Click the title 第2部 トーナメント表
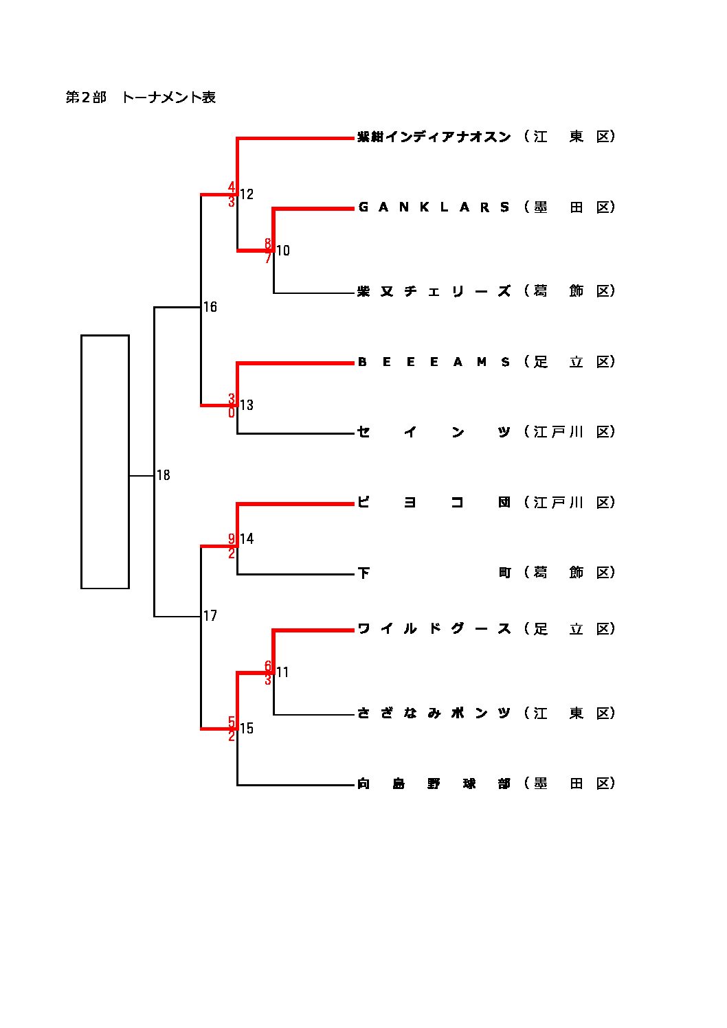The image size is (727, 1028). coord(141,98)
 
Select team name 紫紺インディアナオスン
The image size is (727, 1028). coord(434,137)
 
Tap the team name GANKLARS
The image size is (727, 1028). coord(434,207)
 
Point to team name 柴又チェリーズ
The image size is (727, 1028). coord(434,291)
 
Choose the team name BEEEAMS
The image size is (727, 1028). coord(434,362)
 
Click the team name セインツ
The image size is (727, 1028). coord(434,432)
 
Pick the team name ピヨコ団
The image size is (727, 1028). coord(434,503)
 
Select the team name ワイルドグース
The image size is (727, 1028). coord(434,629)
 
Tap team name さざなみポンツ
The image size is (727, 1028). coord(434,713)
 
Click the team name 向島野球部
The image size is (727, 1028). coord(434,784)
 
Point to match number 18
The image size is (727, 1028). coord(164,475)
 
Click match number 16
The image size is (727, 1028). coord(210,307)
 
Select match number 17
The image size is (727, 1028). coord(210,616)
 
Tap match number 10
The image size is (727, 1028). coord(283,251)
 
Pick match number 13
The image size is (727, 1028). coord(247,405)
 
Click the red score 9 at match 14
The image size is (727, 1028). coord(232,538)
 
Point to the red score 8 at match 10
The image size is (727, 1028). coord(268,244)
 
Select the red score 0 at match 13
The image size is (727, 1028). coord(232,413)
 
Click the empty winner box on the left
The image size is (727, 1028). coord(105,461)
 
